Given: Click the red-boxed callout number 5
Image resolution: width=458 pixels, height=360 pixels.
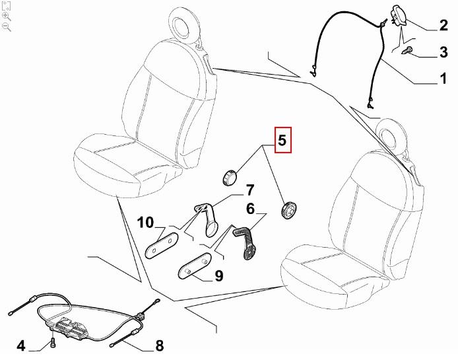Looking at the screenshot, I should pos(282,140).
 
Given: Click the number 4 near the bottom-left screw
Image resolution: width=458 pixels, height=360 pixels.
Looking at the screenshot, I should pos(20,345).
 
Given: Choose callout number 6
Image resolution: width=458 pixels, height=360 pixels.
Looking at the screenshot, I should pos(250,209).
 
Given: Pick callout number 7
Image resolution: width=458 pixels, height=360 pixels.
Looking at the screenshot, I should pos(249,191).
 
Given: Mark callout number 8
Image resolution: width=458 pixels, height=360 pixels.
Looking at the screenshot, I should pos(159,345).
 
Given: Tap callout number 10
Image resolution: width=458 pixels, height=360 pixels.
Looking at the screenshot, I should pos(146,222).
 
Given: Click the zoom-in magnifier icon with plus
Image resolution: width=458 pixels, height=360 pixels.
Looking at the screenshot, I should pos(6,15).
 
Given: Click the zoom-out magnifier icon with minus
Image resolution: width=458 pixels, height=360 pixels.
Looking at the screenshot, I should pos(6,26).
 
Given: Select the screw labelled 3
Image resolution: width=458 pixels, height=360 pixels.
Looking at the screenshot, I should pos(409,50).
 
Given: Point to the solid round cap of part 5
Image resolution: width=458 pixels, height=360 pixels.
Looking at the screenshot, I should pos(228,178).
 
